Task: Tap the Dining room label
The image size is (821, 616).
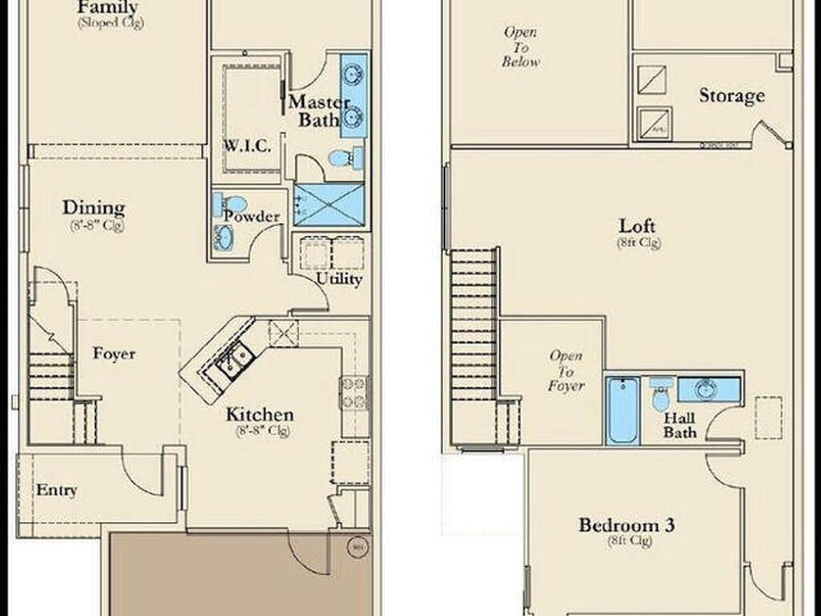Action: point(94,208)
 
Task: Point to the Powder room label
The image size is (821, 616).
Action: point(252,217)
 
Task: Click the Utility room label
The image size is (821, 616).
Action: point(339,279)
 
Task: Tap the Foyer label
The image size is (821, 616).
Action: point(114,354)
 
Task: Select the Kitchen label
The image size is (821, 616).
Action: point(259,415)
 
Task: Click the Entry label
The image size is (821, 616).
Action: point(57,490)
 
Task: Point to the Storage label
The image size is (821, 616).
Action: point(731,96)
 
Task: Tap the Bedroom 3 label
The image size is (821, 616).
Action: point(627,525)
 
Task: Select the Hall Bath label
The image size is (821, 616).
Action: point(679,426)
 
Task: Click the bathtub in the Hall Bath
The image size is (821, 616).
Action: point(622,410)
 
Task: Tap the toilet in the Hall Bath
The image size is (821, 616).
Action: point(661,394)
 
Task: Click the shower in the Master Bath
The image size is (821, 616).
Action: point(328,205)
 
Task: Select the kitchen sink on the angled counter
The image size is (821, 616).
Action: point(234,359)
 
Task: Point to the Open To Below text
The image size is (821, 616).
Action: point(521,47)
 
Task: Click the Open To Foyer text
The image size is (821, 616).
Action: point(567,371)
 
